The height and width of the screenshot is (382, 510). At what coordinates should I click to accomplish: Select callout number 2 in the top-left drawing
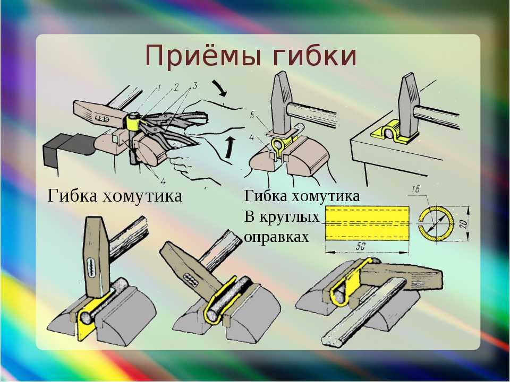[176, 86]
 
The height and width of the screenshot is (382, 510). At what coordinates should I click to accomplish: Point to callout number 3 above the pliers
[195, 86]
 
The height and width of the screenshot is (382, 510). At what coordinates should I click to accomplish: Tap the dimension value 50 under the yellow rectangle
[360, 247]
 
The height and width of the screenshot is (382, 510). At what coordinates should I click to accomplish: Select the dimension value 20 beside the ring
[463, 223]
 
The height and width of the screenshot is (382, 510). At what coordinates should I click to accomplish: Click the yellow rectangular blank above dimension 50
[367, 223]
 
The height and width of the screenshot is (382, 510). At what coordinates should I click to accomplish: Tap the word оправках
[276, 237]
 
